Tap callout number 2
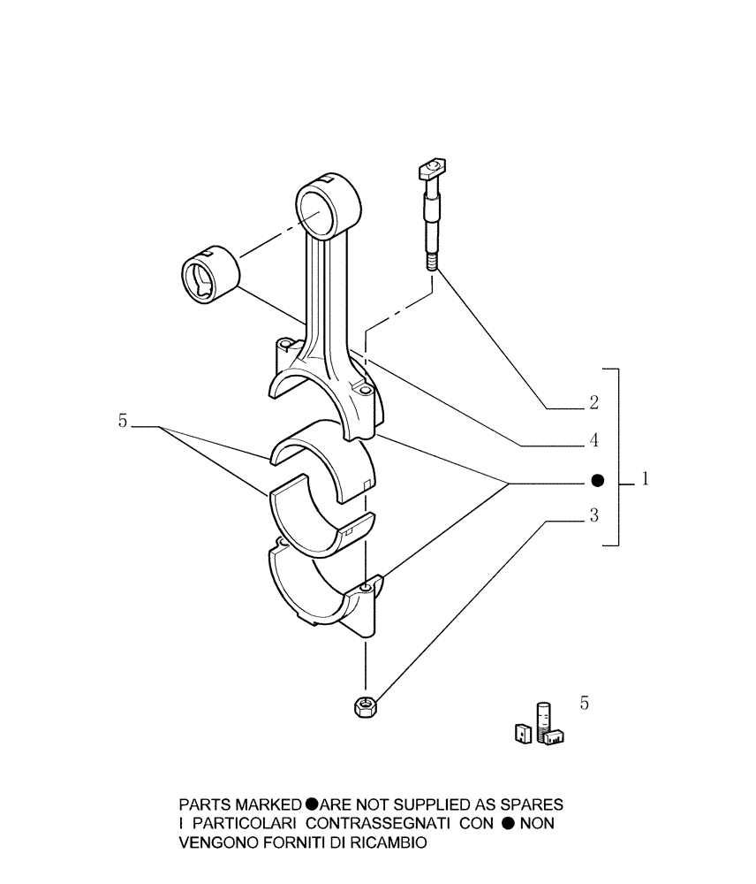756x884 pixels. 594,404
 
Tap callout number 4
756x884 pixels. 594,439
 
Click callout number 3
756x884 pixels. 594,515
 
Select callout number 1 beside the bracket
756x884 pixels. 646,479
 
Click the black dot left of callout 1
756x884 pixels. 597,481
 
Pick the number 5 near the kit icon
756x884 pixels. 584,704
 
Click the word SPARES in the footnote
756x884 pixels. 529,805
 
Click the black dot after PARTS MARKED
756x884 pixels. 312,805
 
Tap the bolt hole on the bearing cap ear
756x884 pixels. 366,587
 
